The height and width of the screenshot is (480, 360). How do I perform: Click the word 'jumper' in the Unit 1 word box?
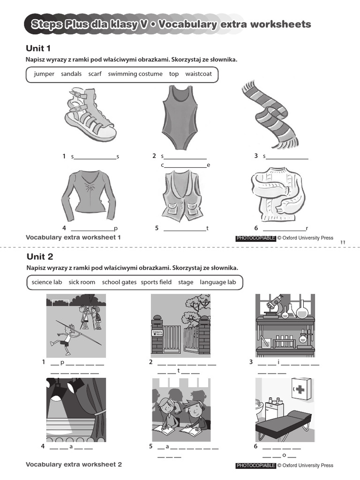[x=44, y=74]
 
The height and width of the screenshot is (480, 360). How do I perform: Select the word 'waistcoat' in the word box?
[x=198, y=74]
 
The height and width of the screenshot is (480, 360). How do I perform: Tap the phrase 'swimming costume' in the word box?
[x=135, y=74]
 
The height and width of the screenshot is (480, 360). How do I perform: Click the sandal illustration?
[x=90, y=115]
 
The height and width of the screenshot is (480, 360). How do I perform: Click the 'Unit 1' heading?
[x=38, y=48]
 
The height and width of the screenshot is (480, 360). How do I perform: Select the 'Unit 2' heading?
[x=40, y=256]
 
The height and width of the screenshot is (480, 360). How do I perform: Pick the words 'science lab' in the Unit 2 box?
[x=47, y=282]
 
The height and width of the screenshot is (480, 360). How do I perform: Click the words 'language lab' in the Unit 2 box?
[x=217, y=282]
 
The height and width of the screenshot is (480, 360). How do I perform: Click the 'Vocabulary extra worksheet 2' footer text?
[x=74, y=465]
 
